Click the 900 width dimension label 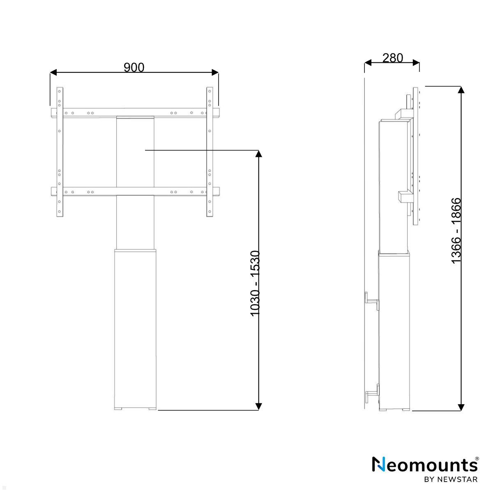tap(134, 67)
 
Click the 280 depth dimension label tap(392, 58)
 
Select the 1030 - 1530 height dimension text tap(256, 283)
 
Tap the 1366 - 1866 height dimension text tap(456, 230)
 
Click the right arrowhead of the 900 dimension tap(215, 73)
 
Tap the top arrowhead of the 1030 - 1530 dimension tap(258, 154)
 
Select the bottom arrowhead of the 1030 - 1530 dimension tap(258, 406)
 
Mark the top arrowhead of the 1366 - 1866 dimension tap(461, 90)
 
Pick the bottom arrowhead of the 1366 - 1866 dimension tap(461, 407)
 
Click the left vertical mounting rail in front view tap(60, 152)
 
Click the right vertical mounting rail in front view tap(210, 152)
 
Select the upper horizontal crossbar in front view tap(135, 113)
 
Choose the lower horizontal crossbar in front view tap(135, 191)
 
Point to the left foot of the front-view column tap(119, 408)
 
